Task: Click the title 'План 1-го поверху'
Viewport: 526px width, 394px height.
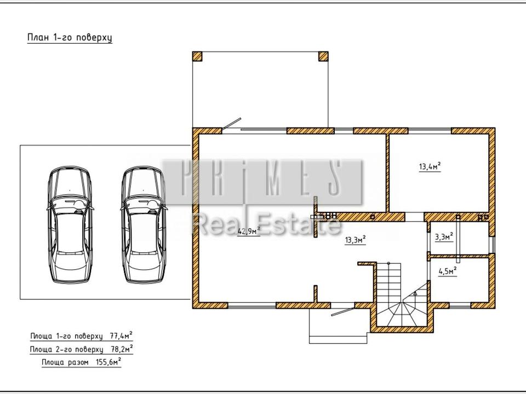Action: (70, 38)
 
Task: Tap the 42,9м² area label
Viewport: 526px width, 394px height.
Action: (249, 231)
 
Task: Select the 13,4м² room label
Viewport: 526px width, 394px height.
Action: (430, 166)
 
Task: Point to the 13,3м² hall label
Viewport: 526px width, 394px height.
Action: (355, 240)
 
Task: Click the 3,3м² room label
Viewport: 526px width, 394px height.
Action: (444, 237)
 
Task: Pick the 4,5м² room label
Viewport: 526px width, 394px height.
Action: (448, 271)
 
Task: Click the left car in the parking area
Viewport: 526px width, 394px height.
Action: (70, 224)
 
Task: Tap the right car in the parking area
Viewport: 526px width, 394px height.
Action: (144, 224)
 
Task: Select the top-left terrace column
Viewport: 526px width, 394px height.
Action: (197, 56)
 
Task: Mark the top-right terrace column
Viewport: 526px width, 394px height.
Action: (323, 56)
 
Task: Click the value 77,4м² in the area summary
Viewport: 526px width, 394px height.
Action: (121, 335)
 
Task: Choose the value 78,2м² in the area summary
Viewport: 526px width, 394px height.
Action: (122, 349)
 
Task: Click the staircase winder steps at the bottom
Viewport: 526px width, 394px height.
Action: (401, 311)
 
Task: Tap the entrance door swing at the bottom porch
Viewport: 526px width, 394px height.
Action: (342, 312)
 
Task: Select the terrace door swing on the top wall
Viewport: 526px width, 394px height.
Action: (231, 123)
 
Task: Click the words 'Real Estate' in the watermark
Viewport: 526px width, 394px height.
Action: (267, 224)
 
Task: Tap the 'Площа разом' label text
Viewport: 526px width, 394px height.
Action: (65, 362)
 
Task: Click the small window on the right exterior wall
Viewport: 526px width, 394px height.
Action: (492, 245)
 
